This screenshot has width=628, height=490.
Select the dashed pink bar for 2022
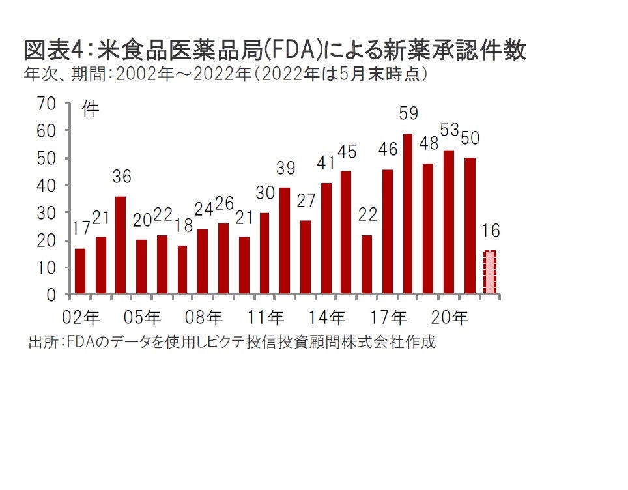[490, 272]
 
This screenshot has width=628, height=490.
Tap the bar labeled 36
[121, 245]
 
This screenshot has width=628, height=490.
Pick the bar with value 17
[80, 271]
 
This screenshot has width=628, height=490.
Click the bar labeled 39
[285, 241]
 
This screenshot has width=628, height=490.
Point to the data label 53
[450, 130]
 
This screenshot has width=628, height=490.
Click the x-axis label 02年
[81, 318]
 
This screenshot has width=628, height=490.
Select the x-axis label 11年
[266, 318]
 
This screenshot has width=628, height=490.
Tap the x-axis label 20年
[451, 318]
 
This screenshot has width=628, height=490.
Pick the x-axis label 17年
[390, 318]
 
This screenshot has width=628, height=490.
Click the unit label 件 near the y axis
[91, 109]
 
